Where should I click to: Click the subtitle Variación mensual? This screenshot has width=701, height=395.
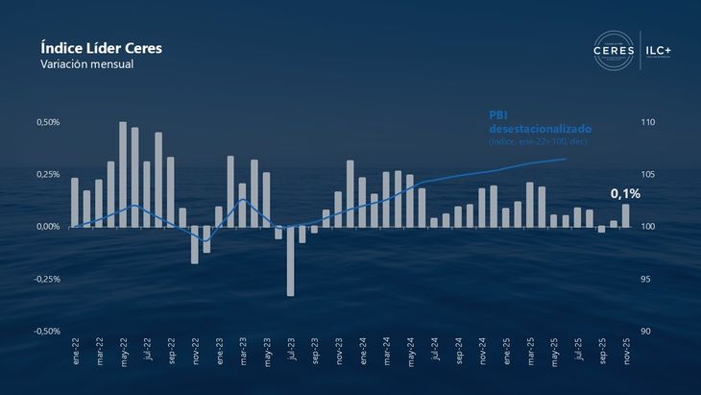coord(86,63)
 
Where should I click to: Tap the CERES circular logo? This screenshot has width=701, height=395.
coord(615,50)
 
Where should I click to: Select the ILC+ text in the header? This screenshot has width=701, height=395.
coord(662,50)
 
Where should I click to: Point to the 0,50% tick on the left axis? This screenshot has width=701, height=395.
coord(48,122)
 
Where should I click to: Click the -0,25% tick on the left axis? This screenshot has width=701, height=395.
coord(46,279)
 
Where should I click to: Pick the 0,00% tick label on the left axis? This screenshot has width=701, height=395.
coord(48,227)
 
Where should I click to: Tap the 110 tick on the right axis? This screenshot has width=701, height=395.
coord(647,122)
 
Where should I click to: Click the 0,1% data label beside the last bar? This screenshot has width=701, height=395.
coord(625,193)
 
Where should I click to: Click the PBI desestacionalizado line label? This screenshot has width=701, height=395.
coord(540,121)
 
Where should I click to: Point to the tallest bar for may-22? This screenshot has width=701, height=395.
coord(123,174)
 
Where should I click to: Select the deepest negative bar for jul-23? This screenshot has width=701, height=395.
coord(291,260)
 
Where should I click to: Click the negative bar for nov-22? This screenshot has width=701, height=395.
coord(194,244)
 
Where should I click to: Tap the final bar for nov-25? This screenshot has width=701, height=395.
coord(626,215)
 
